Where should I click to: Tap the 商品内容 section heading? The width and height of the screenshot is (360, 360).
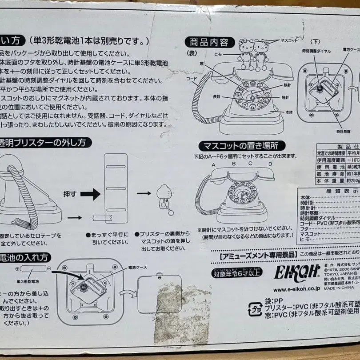coord(209,42)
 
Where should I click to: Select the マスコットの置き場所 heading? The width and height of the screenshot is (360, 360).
coord(242,145)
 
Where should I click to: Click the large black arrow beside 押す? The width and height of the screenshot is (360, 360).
coord(90,194)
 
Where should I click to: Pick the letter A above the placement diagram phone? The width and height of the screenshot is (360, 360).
coord(213,164)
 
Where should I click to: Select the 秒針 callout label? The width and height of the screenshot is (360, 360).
coord(288,85)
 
